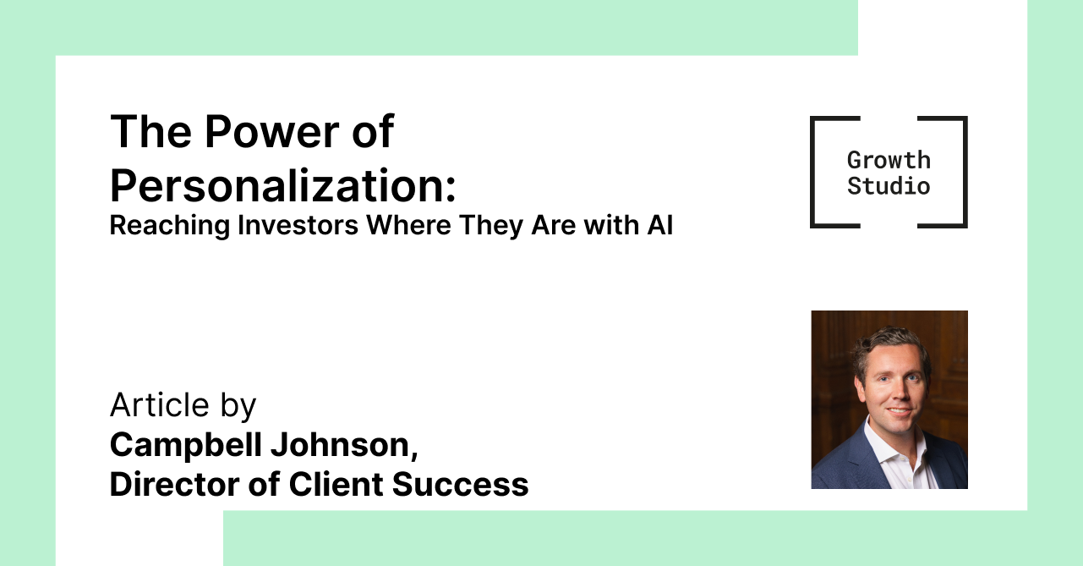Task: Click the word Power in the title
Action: click(x=271, y=132)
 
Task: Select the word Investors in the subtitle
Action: click(x=298, y=225)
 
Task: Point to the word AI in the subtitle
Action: click(x=660, y=225)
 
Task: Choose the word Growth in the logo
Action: click(x=889, y=160)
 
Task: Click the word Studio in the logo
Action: click(x=889, y=186)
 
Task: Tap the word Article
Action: click(x=159, y=404)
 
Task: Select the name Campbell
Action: click(x=186, y=444)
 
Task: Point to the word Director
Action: click(x=174, y=484)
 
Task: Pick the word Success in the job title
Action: click(x=460, y=484)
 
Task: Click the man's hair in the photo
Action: click(x=889, y=346)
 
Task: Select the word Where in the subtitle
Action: click(x=408, y=225)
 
